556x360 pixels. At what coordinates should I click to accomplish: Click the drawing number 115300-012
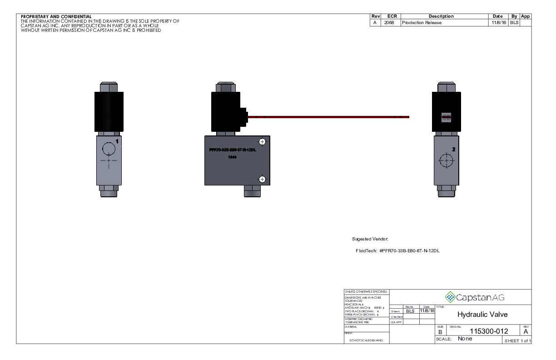click(488, 331)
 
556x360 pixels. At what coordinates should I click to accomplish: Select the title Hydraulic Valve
click(482, 314)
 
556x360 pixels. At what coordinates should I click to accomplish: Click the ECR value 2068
click(389, 23)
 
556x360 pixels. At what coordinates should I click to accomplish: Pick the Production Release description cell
click(422, 23)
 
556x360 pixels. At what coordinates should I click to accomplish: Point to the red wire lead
click(327, 117)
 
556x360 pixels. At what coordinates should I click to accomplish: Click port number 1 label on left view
click(117, 142)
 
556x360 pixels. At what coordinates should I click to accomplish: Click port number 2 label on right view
click(453, 149)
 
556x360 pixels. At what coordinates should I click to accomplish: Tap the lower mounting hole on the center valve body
click(262, 179)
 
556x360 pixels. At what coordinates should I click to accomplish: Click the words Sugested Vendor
click(370, 239)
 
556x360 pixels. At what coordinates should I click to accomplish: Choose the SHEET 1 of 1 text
click(517, 340)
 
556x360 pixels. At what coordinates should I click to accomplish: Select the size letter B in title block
click(440, 332)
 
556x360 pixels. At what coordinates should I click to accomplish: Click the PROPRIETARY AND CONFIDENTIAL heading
click(56, 17)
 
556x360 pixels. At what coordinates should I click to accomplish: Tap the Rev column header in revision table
click(376, 16)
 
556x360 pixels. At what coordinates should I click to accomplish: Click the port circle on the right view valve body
click(447, 160)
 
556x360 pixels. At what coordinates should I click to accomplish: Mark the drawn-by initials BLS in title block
click(410, 311)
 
